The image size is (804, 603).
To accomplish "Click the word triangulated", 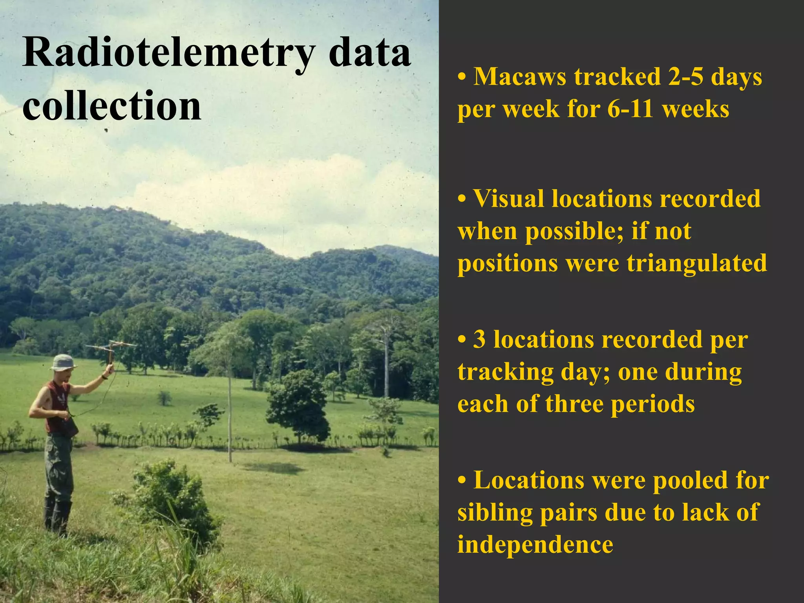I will [x=696, y=263].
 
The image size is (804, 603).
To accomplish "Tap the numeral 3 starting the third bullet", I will [x=479, y=340].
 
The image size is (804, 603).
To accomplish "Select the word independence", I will [x=535, y=545].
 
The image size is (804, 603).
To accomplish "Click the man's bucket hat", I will [x=63, y=362].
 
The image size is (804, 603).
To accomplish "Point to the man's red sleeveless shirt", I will [x=57, y=406].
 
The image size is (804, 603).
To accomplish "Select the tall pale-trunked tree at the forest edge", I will [x=386, y=353].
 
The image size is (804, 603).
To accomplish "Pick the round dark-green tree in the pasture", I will [x=299, y=406].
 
